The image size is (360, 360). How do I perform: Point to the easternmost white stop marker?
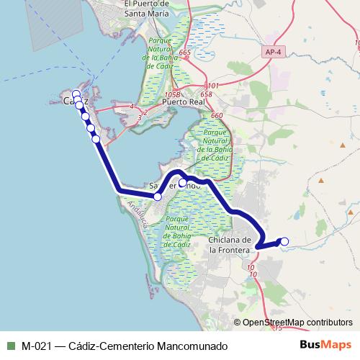pyautogui.click(x=284, y=241)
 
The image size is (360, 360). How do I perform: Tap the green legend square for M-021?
pyautogui.click(x=10, y=346)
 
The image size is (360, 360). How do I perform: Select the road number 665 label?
pyautogui.click(x=186, y=53)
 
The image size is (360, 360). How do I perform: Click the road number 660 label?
pyautogui.click(x=217, y=116)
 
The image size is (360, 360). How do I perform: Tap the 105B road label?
pyautogui.click(x=171, y=94)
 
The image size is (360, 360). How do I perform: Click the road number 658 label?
pyautogui.click(x=207, y=94)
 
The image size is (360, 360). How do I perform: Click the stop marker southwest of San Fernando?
pyautogui.click(x=157, y=196)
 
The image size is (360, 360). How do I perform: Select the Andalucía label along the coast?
pyautogui.click(x=136, y=215)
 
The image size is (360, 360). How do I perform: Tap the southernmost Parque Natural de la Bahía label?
pyautogui.click(x=176, y=231)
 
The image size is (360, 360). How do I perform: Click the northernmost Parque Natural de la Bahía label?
pyautogui.click(x=156, y=51)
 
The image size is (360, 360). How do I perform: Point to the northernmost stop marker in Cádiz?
pyautogui.click(x=76, y=94)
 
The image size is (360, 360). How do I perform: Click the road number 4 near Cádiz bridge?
pyautogui.click(x=132, y=107)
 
